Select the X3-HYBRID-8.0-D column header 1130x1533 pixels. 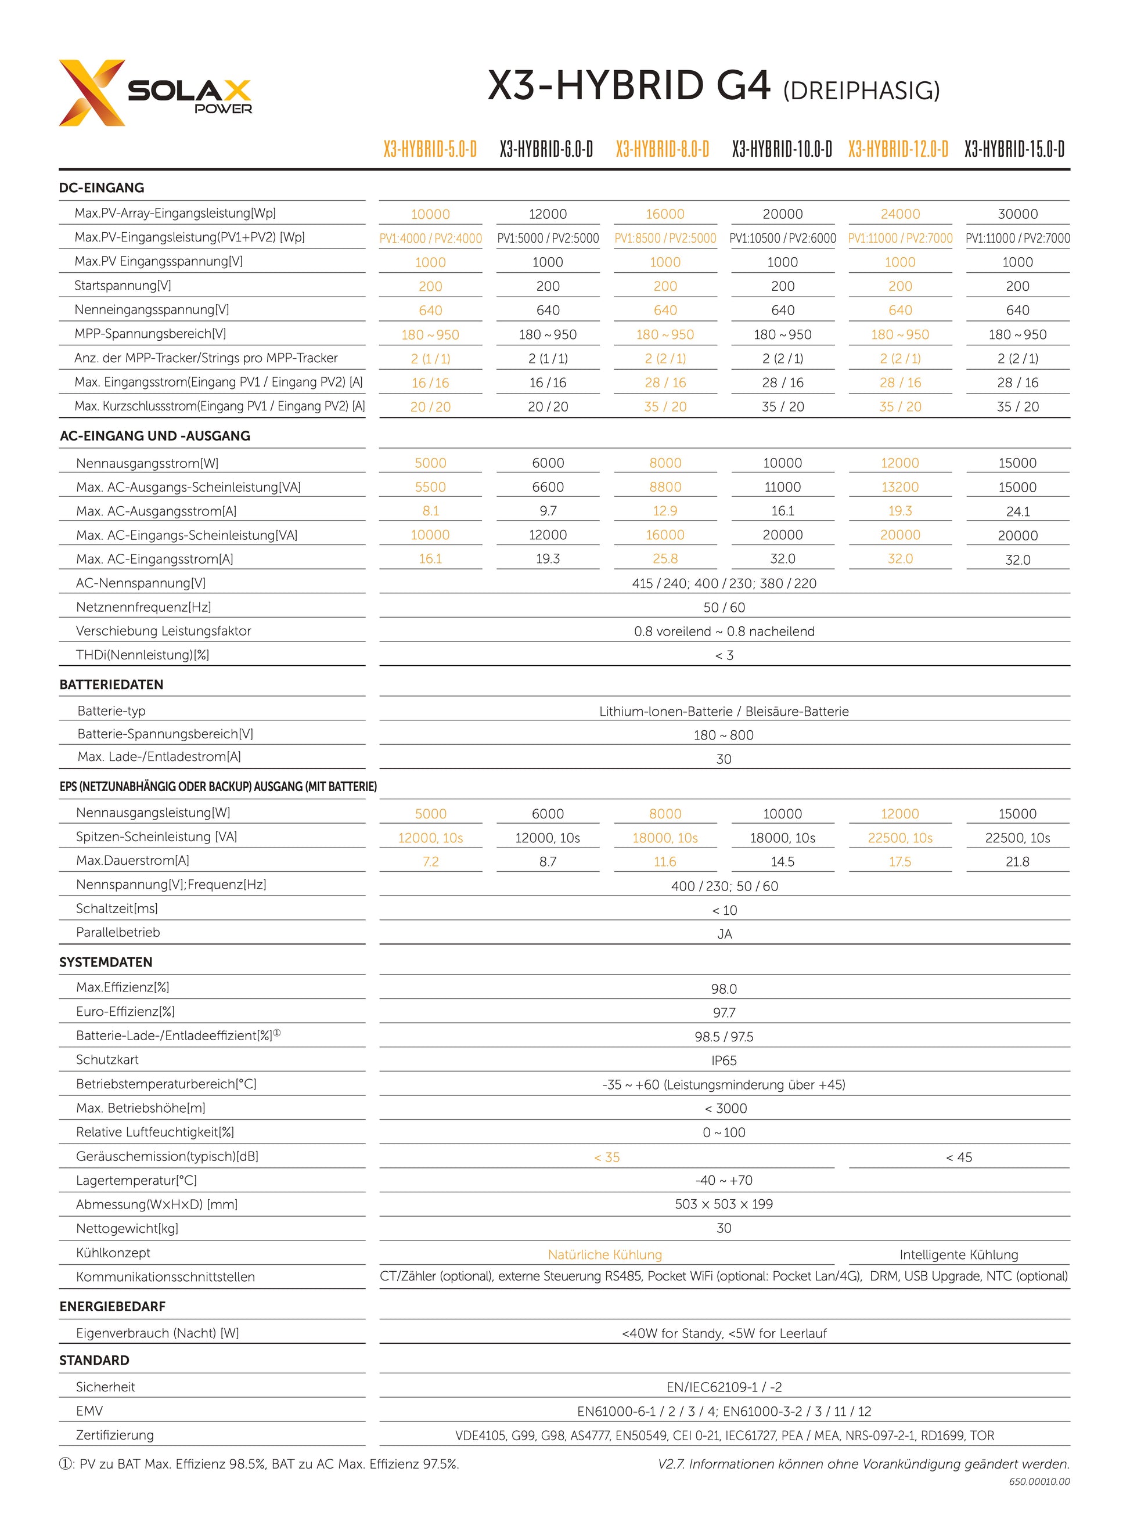point(662,149)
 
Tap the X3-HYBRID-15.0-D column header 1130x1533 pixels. point(1014,149)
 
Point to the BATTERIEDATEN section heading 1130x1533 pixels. point(111,684)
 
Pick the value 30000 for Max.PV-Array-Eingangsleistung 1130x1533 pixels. point(1017,214)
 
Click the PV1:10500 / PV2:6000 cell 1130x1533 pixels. point(783,238)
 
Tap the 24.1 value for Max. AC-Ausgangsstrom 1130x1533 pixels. point(1017,511)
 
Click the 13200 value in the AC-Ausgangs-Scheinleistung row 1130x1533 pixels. point(899,487)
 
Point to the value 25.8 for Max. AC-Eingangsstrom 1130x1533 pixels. point(665,558)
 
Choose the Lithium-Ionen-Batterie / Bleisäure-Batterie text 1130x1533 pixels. point(724,711)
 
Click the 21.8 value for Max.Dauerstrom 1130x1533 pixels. point(1017,861)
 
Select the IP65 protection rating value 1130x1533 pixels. point(724,1061)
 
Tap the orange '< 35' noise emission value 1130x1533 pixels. point(607,1157)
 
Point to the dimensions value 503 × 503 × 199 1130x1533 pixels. point(724,1204)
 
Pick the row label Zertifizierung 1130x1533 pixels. point(114,1434)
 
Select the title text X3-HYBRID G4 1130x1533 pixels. point(629,86)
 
